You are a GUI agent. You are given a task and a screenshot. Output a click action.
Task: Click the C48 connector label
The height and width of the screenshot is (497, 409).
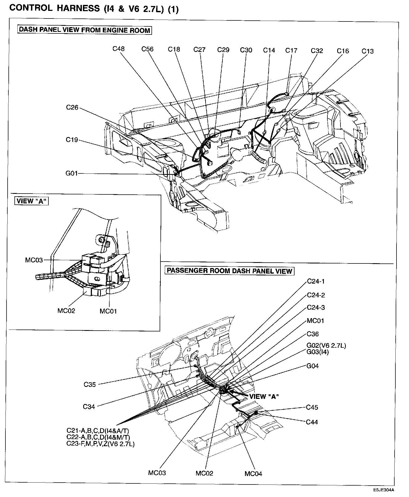(x=119, y=49)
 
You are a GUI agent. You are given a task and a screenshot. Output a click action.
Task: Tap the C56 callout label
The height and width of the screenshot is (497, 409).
(x=147, y=49)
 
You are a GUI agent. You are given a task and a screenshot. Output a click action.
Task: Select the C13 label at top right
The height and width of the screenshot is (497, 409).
(x=367, y=51)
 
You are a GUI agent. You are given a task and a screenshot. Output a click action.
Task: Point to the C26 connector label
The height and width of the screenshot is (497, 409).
(x=72, y=107)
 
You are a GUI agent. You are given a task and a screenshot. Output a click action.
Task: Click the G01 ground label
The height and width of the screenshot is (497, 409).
(x=72, y=173)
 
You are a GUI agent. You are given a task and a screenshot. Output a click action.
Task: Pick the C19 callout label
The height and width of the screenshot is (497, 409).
(x=72, y=140)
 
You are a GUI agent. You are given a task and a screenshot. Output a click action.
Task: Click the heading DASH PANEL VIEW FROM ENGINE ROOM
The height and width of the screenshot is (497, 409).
(x=84, y=30)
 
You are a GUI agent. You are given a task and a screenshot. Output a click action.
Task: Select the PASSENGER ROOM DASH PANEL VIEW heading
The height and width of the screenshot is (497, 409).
(x=229, y=271)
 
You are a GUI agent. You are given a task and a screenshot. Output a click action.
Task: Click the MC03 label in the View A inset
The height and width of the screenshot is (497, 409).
(x=34, y=260)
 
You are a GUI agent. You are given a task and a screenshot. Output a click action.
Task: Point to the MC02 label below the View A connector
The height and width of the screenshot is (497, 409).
(x=66, y=310)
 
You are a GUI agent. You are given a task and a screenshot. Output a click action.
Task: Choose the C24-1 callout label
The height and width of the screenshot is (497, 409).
(x=315, y=281)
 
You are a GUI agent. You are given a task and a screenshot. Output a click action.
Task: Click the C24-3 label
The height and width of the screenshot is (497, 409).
(x=315, y=307)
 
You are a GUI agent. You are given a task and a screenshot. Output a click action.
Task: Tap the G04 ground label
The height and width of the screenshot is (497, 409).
(x=312, y=366)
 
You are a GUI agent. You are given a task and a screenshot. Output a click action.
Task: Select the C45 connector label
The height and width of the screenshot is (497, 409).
(x=312, y=407)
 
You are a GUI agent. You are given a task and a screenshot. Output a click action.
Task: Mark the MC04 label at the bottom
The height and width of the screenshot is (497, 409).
(x=253, y=474)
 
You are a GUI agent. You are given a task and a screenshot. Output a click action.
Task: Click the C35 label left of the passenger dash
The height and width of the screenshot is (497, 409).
(x=90, y=385)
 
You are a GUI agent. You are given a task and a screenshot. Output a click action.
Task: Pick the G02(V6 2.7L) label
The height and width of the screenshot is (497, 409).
(x=326, y=346)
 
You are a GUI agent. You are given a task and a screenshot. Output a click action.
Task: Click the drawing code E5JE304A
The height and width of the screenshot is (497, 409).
(x=383, y=490)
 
